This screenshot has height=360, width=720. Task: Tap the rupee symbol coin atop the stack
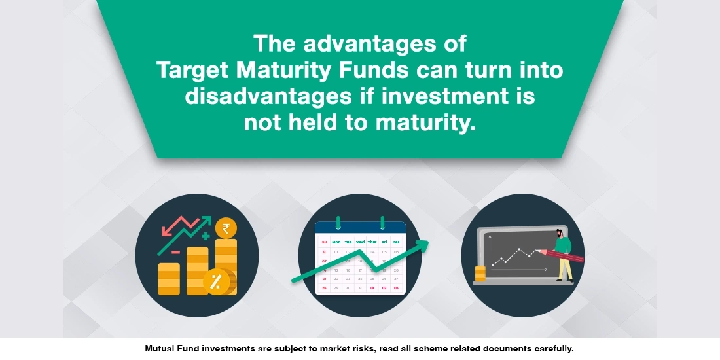[x=226, y=228]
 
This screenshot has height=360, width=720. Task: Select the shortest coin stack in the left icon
[x=169, y=278]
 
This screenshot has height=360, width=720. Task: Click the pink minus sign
[x=175, y=251]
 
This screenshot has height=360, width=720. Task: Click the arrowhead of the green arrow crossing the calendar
[x=423, y=244]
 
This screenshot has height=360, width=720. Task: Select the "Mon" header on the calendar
[x=336, y=242]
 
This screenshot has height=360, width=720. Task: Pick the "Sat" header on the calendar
[x=396, y=242]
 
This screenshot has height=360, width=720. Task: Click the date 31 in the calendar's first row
[x=324, y=251]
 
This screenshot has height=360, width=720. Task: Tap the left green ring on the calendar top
[x=338, y=223]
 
